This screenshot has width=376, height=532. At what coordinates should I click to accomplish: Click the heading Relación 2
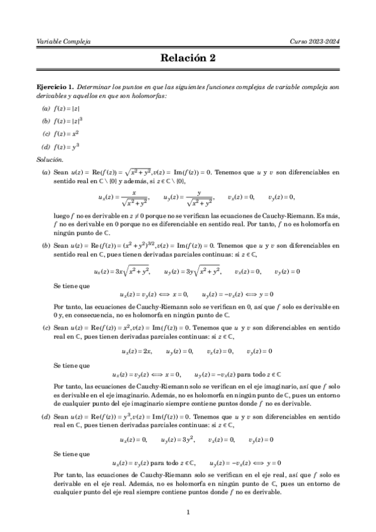click(188, 58)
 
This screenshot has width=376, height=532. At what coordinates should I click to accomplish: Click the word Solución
click(50, 160)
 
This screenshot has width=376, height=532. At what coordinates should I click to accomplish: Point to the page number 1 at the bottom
click(188, 513)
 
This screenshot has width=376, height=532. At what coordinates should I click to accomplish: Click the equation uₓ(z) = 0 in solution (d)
click(134, 439)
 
